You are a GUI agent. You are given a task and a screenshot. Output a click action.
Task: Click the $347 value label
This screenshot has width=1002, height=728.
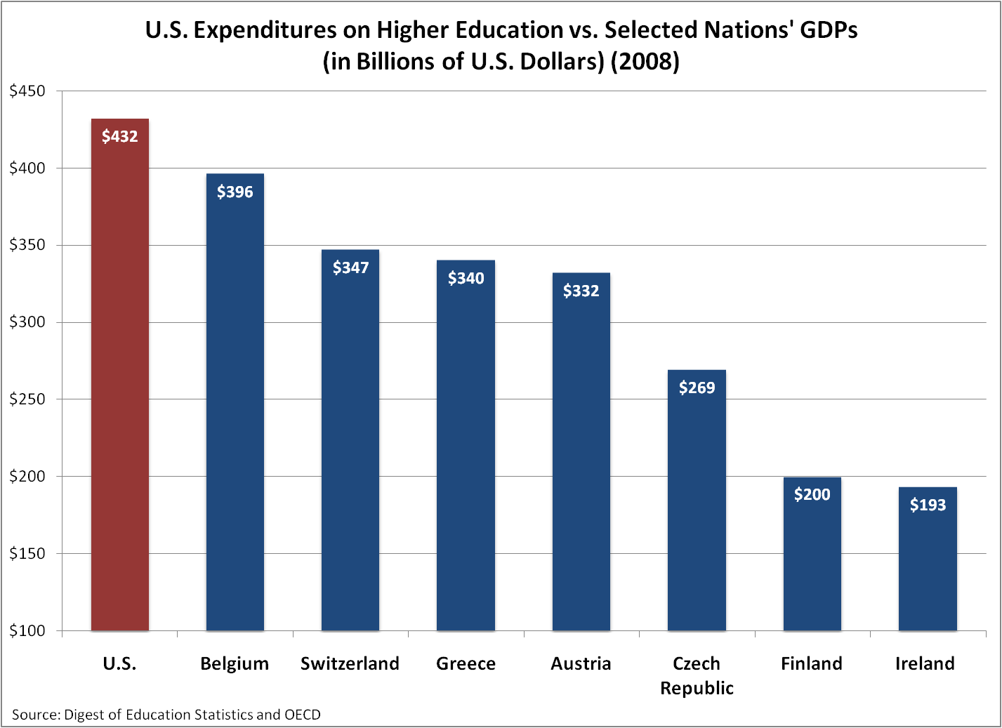[x=350, y=267]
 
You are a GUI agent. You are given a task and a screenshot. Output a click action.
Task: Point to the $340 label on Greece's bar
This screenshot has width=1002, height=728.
[x=466, y=278]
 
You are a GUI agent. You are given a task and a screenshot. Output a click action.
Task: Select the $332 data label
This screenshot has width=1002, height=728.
[x=581, y=291]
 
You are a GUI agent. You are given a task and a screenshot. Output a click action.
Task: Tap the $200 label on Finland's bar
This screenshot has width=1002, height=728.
[x=812, y=494]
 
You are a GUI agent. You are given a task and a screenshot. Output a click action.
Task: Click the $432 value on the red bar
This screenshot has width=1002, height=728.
[x=120, y=136]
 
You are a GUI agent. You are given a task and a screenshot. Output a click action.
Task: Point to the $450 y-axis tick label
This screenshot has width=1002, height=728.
[x=27, y=91]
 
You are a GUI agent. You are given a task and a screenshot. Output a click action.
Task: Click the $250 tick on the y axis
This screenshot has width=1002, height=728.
[x=27, y=399]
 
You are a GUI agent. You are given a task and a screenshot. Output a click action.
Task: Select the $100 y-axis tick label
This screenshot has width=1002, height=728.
[x=27, y=630]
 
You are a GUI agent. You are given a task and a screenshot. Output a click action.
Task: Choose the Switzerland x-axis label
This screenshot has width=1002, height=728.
[x=350, y=663]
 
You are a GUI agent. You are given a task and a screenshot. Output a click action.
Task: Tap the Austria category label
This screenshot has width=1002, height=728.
[x=581, y=663]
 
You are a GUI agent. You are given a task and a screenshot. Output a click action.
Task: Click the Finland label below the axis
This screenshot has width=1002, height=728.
[x=812, y=663]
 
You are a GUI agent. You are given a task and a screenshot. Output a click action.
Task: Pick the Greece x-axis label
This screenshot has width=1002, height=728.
[x=466, y=663]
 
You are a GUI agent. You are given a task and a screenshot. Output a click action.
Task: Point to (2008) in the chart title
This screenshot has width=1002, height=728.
[x=645, y=62]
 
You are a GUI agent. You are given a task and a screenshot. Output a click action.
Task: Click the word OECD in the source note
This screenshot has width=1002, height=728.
[x=302, y=715]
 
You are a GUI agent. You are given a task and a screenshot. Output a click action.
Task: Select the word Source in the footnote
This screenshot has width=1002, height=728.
[x=35, y=715]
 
